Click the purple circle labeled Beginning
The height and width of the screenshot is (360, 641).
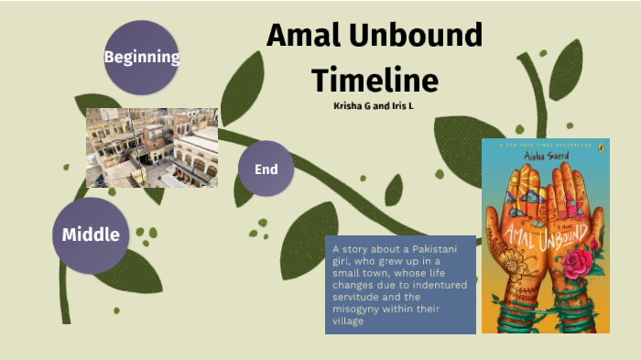tap(141, 57)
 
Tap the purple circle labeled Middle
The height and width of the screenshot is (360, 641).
tap(91, 235)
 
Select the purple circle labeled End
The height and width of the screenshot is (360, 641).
tap(266, 169)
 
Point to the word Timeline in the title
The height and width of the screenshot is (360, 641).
tap(375, 79)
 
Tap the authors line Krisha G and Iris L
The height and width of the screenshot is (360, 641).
tap(375, 105)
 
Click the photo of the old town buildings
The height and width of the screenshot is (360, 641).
tap(152, 147)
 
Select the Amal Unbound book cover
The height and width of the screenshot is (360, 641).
tap(546, 235)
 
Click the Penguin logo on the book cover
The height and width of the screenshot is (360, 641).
tap(598, 147)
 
